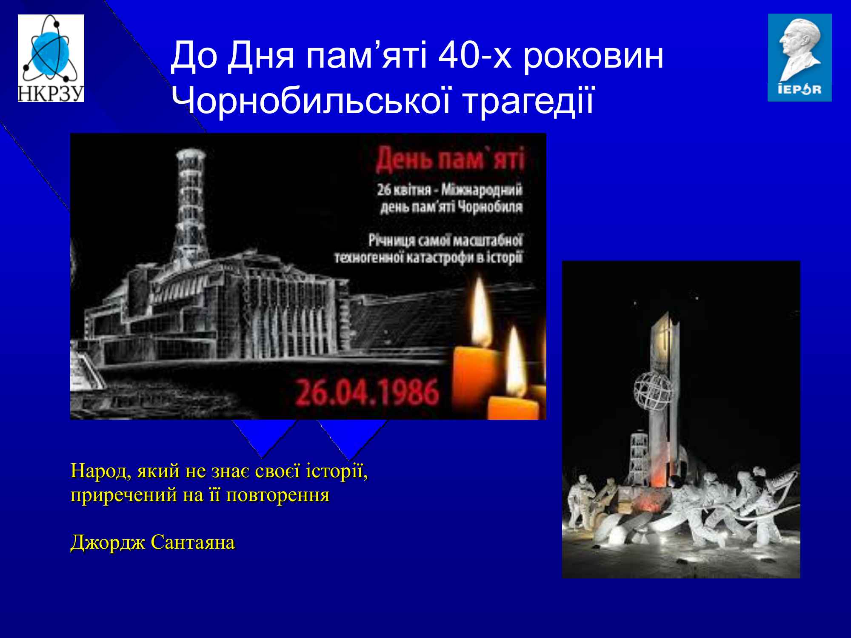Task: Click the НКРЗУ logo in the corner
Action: pos(51,58)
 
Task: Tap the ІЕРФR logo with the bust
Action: pos(800,57)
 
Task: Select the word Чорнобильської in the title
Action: pos(311,101)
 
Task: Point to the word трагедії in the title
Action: pos(528,101)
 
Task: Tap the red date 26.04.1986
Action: pos(367,392)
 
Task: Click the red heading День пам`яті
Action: pos(450,159)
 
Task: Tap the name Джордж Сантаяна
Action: pos(153,543)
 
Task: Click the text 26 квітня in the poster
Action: pos(404,190)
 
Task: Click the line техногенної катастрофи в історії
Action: pos(428,258)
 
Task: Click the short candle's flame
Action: pos(516,362)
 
